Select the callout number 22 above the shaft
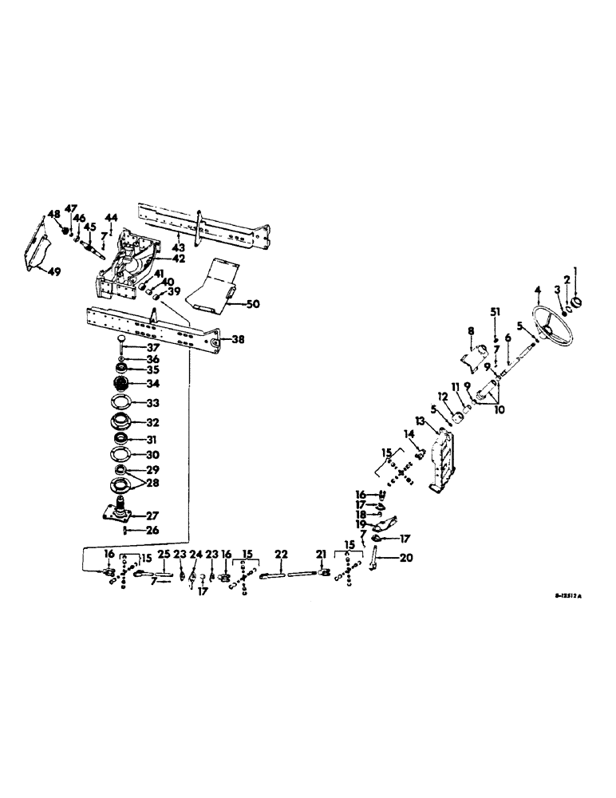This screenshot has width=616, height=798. (x=281, y=555)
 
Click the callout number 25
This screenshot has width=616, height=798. (x=164, y=555)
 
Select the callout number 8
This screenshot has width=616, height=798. (x=471, y=330)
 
